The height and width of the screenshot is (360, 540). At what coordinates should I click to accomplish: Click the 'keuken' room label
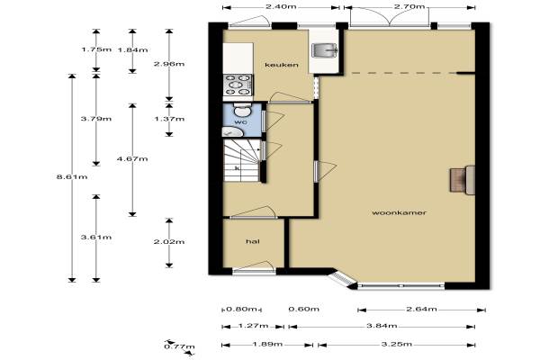(x=282, y=65)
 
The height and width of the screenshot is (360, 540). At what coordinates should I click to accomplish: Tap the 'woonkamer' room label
(x=399, y=212)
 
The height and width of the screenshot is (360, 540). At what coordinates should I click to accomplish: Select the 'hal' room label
(x=253, y=241)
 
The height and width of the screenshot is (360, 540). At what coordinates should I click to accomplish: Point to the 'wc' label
(x=241, y=122)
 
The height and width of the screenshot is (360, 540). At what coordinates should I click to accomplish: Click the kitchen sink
(x=324, y=50)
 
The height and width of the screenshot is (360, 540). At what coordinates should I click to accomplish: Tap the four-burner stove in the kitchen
(x=238, y=85)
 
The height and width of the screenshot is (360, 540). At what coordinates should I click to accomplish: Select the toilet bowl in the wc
(x=242, y=110)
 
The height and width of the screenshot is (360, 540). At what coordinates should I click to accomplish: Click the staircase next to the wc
(x=241, y=160)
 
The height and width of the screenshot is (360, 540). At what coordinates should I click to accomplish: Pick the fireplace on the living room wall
(x=463, y=180)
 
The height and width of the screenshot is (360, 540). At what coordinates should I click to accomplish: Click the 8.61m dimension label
(x=72, y=177)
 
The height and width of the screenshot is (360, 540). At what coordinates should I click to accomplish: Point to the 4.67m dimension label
(x=132, y=158)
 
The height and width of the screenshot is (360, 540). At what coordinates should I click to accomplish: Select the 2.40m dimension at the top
(x=281, y=6)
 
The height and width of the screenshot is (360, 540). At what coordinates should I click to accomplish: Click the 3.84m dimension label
(x=382, y=325)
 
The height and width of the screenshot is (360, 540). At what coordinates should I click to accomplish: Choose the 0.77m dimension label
(x=179, y=346)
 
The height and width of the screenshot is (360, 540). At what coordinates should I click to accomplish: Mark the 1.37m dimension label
(x=169, y=119)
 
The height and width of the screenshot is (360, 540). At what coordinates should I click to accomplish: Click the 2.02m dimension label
(x=169, y=241)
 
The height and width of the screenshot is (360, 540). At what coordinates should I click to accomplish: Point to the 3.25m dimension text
(x=396, y=344)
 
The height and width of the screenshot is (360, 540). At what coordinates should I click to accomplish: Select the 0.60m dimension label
(x=304, y=309)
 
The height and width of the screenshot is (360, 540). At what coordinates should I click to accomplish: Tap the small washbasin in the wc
(x=231, y=131)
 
